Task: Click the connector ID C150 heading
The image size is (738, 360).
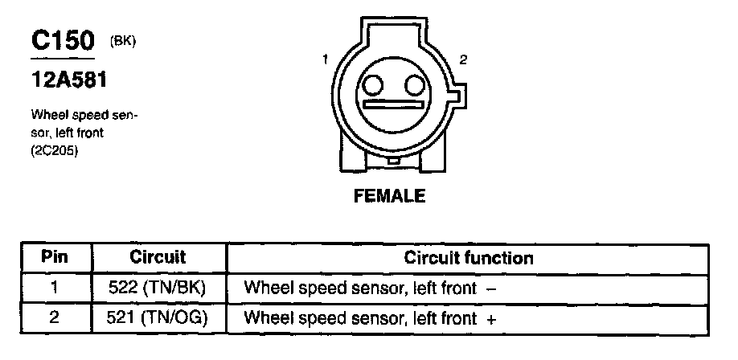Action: click(63, 42)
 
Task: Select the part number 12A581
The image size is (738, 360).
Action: click(69, 81)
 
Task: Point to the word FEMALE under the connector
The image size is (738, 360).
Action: click(389, 196)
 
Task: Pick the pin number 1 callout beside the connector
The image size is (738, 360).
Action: click(326, 59)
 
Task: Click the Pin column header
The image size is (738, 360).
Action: click(55, 258)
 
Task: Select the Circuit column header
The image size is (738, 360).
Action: click(158, 258)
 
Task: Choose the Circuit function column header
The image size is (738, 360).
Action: click(469, 258)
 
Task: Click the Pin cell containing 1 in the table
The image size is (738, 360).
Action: click(55, 288)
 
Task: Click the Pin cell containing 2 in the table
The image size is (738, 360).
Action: click(55, 318)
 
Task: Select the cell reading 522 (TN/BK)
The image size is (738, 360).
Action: click(158, 288)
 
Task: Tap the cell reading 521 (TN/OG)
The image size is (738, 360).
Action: click(158, 318)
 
